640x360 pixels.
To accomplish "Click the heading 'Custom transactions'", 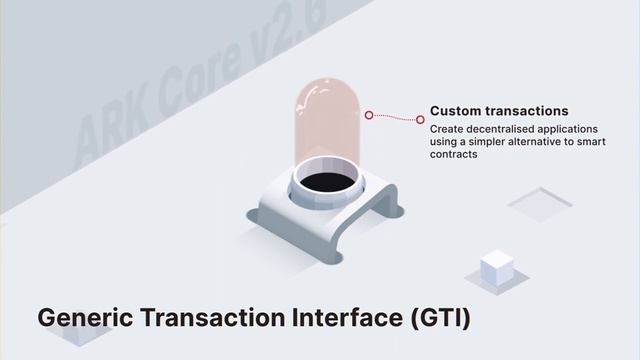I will (x=499, y=111).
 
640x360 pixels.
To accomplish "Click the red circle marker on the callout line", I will (x=369, y=115).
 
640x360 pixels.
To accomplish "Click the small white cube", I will (x=497, y=267).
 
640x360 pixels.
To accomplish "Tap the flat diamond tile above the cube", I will (x=539, y=203).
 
